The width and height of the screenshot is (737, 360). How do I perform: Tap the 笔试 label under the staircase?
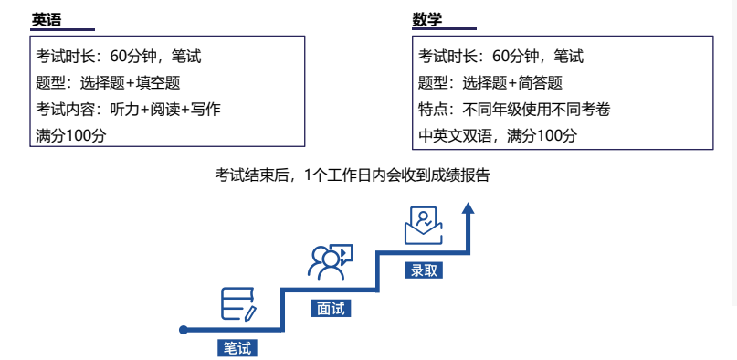coord(237,348)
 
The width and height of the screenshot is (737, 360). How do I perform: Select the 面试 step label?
coord(330,308)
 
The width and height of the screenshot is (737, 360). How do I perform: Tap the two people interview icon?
coord(330,261)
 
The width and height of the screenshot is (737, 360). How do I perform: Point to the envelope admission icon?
coord(423,225)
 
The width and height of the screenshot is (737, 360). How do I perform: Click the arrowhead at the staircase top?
coord(469,208)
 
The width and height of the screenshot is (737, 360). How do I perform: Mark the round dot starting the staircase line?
coord(184,330)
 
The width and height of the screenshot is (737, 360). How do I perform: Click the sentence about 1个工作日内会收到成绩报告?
coord(352,175)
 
